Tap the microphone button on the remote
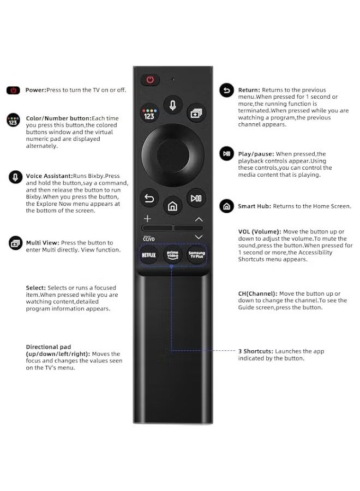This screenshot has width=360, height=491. (172, 105)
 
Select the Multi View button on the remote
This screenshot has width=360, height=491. (195, 113)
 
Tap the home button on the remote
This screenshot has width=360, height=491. (172, 206)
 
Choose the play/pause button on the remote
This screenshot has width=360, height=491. (196, 197)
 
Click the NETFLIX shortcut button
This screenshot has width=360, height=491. (149, 255)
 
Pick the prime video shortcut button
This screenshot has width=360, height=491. (172, 255)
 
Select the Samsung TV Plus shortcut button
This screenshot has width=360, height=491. (196, 255)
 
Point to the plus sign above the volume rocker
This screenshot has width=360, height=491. (147, 218)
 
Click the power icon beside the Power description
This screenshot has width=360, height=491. (13, 90)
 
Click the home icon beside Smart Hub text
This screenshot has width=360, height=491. (226, 206)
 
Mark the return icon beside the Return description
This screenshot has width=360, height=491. (226, 91)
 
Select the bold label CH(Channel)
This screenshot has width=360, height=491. (257, 294)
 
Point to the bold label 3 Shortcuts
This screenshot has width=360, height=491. (255, 351)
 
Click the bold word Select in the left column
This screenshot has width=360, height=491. (35, 288)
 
